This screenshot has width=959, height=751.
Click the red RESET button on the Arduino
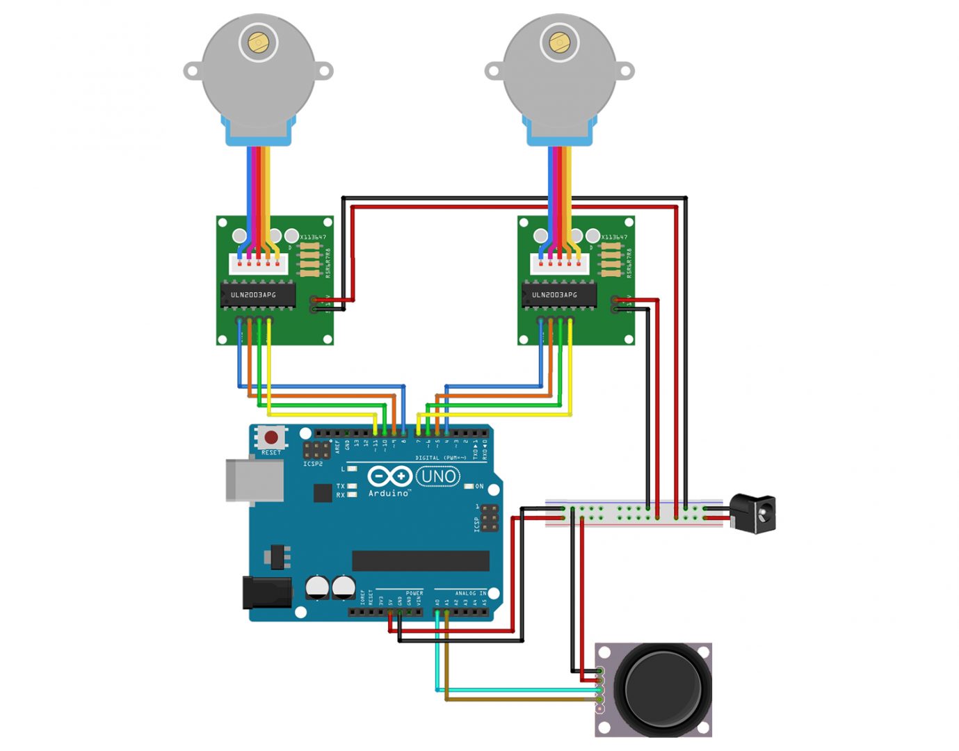271,437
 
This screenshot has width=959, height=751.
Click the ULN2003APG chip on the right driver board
559,295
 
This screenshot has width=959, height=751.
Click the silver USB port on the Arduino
254,480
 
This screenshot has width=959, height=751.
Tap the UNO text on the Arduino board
438,476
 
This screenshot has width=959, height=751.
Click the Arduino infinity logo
389,476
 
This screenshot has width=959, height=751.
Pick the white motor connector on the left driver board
258,264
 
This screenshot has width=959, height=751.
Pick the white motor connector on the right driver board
559,264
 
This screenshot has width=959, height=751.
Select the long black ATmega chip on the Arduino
421,560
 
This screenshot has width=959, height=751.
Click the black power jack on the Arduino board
267,592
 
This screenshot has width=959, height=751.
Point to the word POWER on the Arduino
414,593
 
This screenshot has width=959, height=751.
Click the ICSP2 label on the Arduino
313,464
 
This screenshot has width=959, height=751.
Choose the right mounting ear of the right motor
624,71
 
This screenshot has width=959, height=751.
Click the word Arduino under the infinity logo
389,494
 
